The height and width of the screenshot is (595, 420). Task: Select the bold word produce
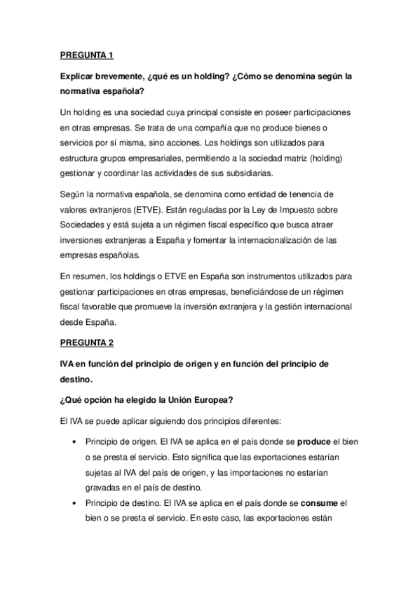coord(312,443)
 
